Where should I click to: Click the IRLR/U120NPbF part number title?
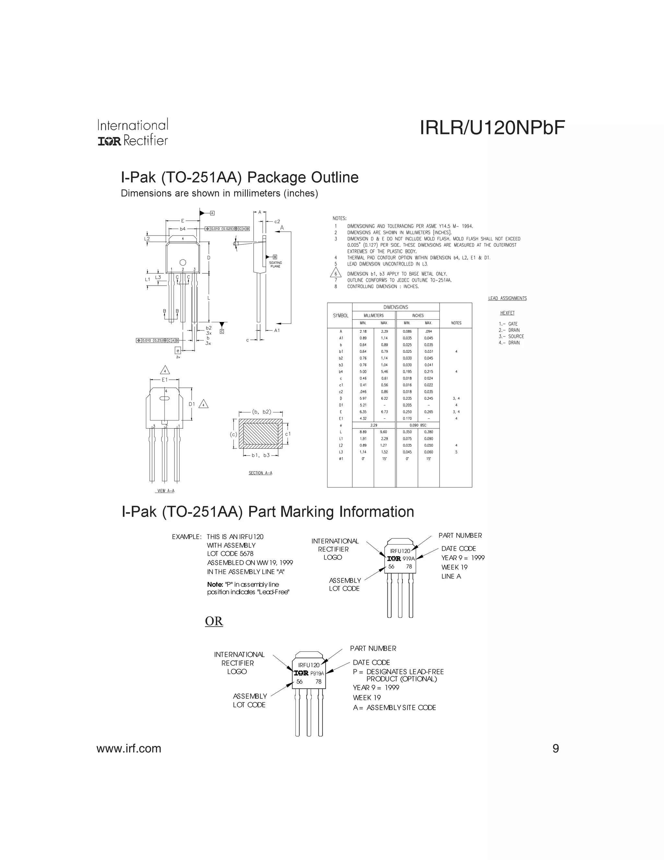(492, 128)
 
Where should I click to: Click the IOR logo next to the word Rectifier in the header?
(109, 141)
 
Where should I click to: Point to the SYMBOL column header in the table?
(340, 315)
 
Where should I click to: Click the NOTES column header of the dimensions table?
(456, 323)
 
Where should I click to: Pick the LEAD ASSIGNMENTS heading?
(507, 298)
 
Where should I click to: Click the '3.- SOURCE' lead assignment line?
(511, 336)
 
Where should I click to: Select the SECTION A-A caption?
(260, 473)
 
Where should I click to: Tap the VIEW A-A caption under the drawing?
(166, 491)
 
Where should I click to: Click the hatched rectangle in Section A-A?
(260, 434)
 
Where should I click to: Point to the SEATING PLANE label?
(275, 264)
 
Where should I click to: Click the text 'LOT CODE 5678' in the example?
(230, 554)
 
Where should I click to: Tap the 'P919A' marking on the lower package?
(317, 673)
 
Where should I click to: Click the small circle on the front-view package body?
(183, 262)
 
